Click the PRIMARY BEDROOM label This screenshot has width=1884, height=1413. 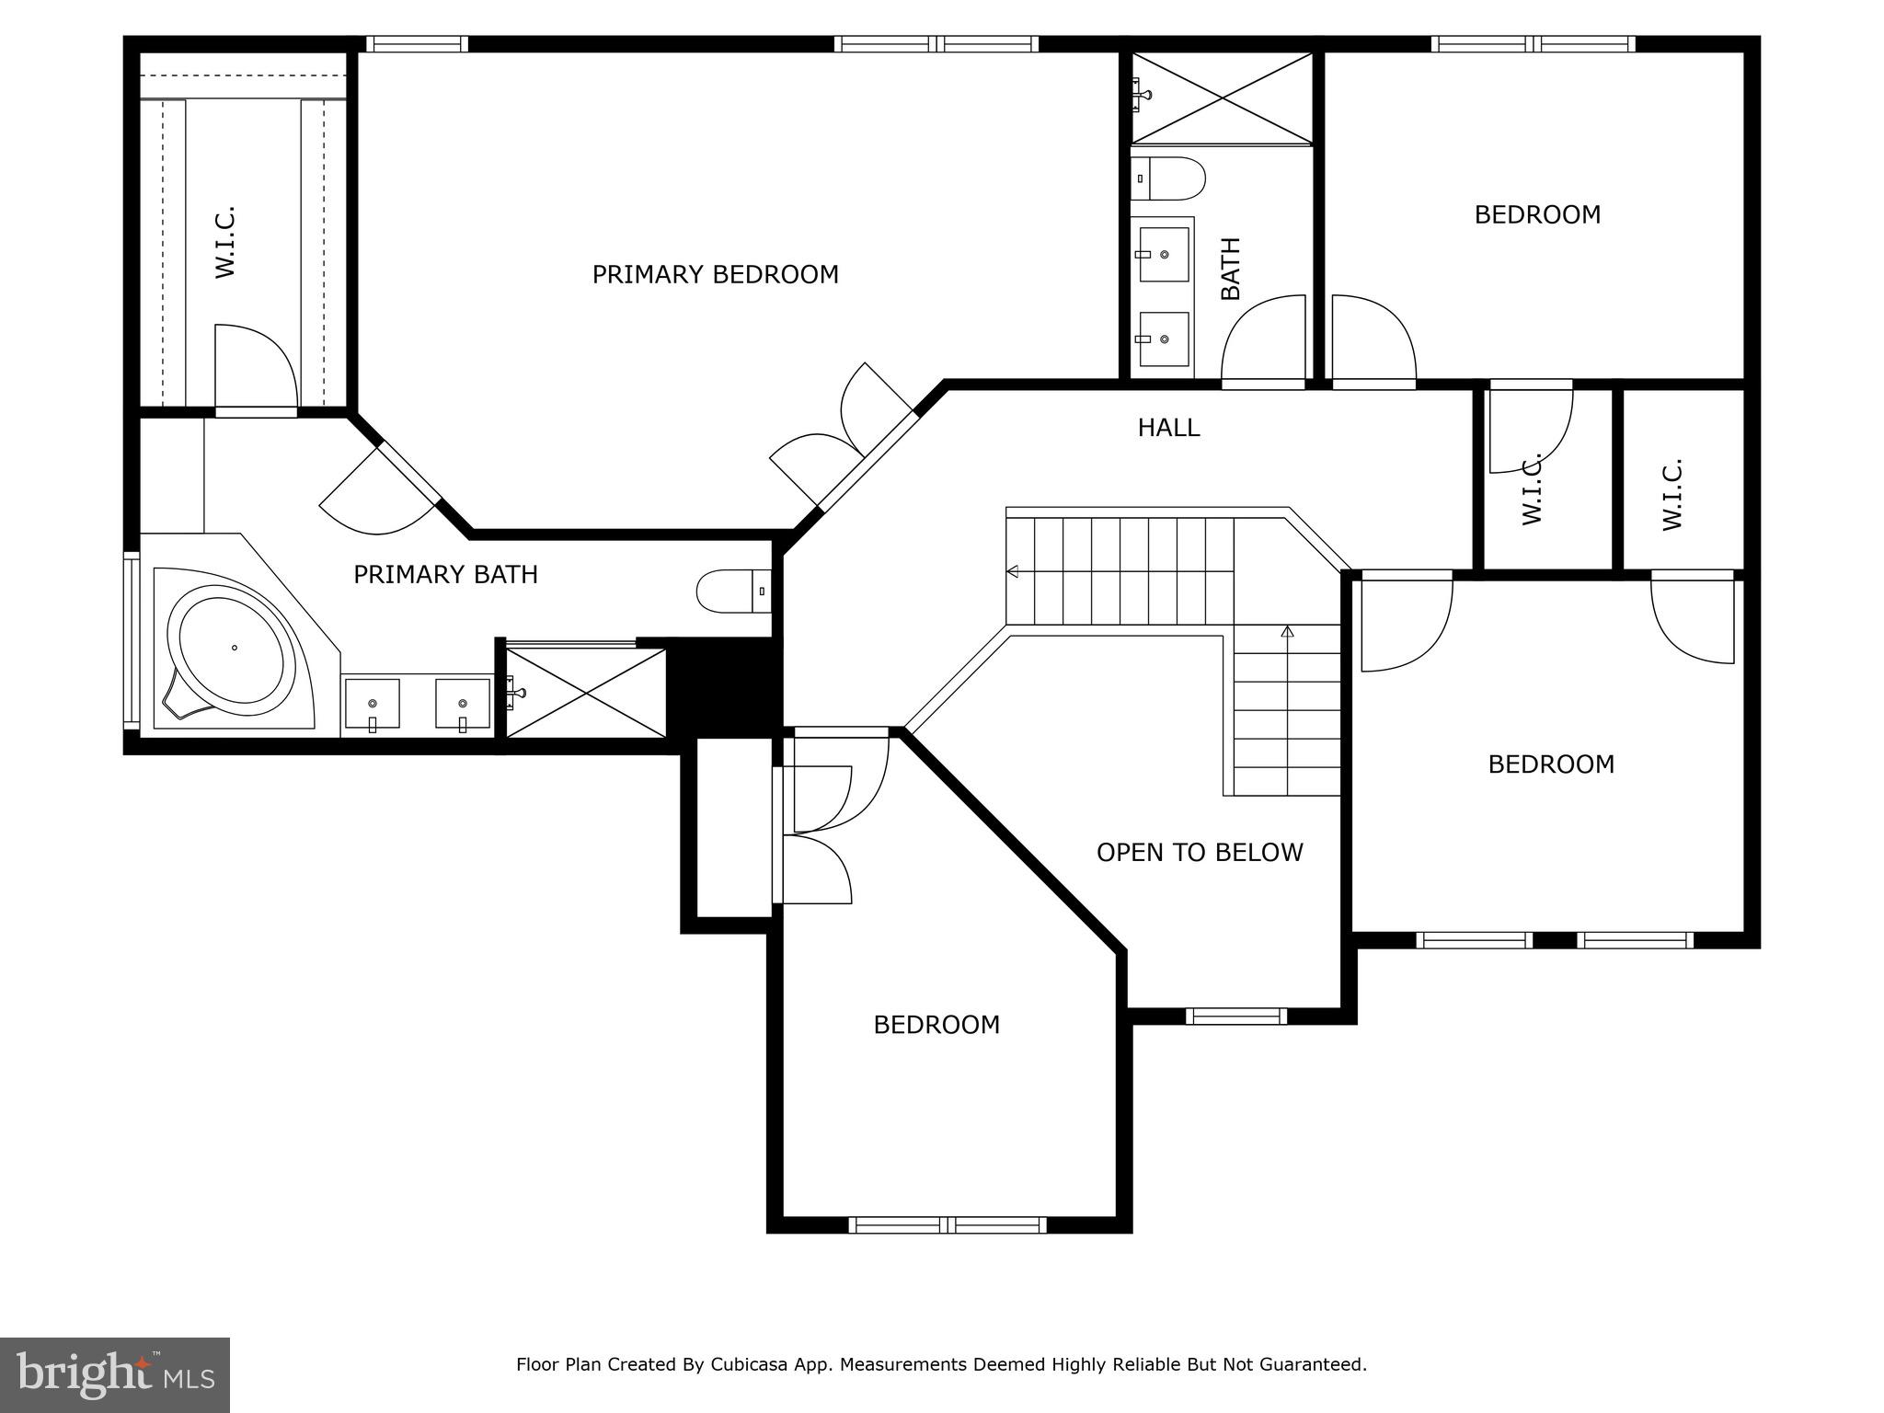click(x=715, y=275)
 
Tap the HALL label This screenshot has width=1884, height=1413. click(x=1168, y=428)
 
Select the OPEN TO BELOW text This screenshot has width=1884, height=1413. click(x=1200, y=853)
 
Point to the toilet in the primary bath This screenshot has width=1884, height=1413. click(x=731, y=592)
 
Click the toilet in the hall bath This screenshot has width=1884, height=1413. click(x=1169, y=178)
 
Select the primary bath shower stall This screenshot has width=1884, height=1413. click(x=586, y=693)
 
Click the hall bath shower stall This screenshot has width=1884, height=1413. click(x=1222, y=98)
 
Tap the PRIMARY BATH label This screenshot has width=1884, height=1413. click(x=445, y=575)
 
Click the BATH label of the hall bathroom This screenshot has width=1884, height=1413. click(x=1231, y=269)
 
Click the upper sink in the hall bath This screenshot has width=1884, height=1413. click(x=1164, y=255)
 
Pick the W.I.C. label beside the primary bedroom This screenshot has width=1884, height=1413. click(x=225, y=242)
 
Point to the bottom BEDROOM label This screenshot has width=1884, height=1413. click(x=936, y=1025)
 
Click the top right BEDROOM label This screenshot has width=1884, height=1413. click(x=1537, y=215)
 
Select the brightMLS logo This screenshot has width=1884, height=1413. click(x=115, y=1374)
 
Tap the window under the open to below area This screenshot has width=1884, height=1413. click(x=1235, y=1016)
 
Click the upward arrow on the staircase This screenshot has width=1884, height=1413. click(x=1287, y=632)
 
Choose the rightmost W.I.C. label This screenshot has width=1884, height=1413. click(x=1672, y=494)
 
